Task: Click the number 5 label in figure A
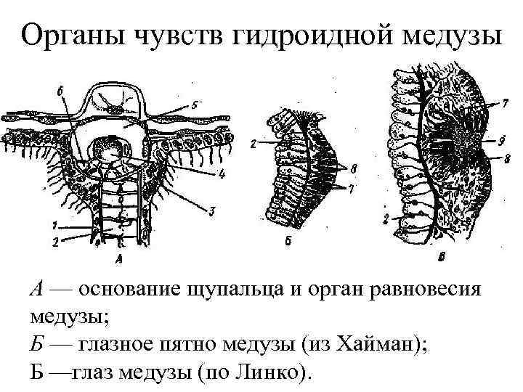tap(193, 104)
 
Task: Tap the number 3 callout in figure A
tap(212, 211)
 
